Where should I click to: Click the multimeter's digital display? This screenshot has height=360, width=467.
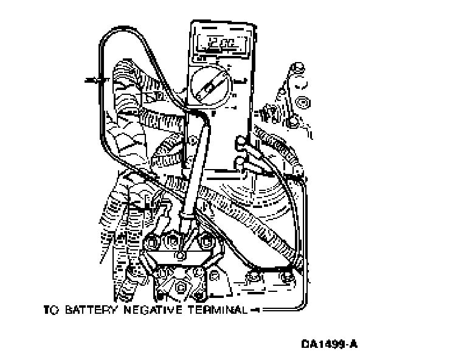pos(218,44)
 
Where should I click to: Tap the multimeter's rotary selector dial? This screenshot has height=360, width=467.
pos(208,87)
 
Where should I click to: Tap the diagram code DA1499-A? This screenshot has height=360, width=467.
pos(329,344)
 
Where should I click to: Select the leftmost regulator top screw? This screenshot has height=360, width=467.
pos(151,240)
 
